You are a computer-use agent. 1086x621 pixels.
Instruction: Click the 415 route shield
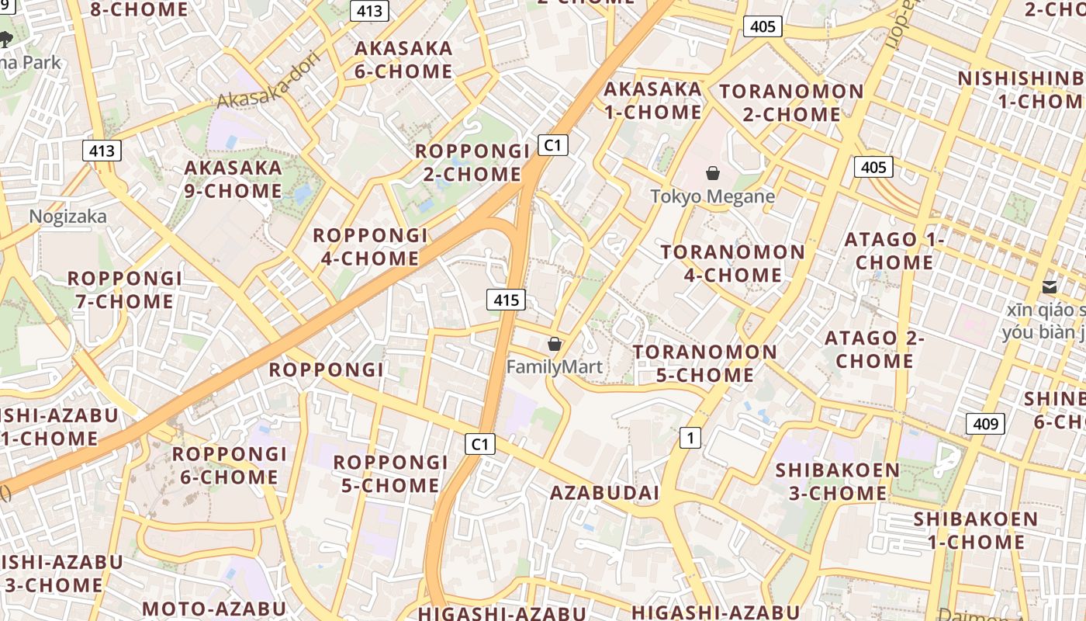point(506,300)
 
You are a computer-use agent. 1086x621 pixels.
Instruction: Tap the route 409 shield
point(985,424)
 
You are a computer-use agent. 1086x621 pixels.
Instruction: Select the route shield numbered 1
point(690,438)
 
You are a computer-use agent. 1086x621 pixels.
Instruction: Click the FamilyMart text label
point(554,366)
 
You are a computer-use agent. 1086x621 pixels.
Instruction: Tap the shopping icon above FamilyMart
point(554,344)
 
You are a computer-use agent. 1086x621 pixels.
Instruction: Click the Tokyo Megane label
point(712,196)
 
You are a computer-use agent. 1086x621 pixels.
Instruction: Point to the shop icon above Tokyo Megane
point(712,173)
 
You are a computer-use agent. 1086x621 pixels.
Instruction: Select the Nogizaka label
point(68,217)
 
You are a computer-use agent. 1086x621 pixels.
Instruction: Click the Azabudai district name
point(604,493)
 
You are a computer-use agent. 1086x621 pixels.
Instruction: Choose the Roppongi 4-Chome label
point(369,247)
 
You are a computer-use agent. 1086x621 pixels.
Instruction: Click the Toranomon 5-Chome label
point(704,363)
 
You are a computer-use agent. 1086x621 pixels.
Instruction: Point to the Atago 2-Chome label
point(874,349)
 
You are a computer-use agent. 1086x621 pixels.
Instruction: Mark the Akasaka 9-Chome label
point(233,179)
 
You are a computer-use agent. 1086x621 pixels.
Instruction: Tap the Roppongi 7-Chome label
point(124,290)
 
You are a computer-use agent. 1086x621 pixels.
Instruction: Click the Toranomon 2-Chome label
point(791,102)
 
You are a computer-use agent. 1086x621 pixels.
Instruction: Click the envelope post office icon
point(1050,287)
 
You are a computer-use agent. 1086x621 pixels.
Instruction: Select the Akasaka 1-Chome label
point(652,100)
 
